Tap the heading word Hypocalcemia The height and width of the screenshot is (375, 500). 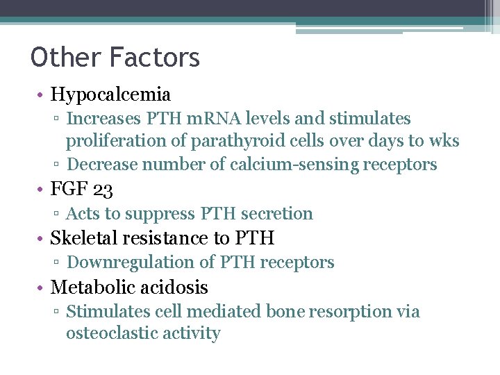pyautogui.click(x=110, y=94)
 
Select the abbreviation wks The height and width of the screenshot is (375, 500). pyautogui.click(x=444, y=141)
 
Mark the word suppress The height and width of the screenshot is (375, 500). pyautogui.click(x=166, y=213)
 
